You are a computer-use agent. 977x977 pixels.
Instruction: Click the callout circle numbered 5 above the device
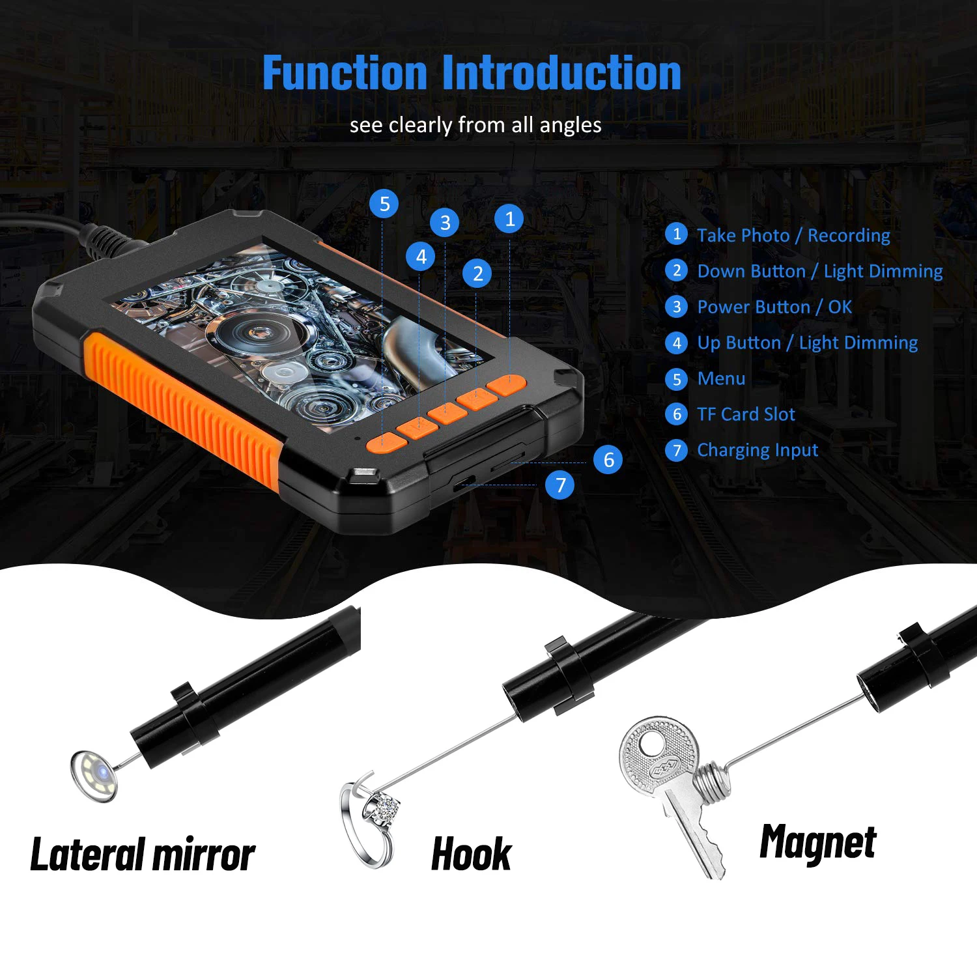coord(384,204)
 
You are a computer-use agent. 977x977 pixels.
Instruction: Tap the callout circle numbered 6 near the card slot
coord(608,459)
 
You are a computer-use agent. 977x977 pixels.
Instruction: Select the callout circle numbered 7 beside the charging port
coord(560,485)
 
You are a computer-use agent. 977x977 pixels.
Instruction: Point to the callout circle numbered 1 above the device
coord(509,219)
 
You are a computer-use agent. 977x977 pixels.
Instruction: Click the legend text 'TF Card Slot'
coord(746,414)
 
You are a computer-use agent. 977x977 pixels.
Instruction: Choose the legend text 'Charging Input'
coord(758,451)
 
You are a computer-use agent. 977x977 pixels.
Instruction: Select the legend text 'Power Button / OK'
coord(774,307)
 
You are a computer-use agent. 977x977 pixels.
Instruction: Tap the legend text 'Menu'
coord(721,378)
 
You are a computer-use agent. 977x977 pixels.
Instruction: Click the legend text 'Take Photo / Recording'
coord(793,236)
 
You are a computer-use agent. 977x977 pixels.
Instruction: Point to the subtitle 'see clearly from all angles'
coord(475,125)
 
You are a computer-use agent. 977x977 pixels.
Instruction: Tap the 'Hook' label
coord(472,854)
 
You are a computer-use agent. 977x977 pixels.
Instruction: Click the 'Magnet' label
coord(818,843)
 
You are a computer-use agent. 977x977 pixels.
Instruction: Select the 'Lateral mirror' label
coord(143,855)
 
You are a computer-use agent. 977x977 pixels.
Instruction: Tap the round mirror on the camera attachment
coord(95,774)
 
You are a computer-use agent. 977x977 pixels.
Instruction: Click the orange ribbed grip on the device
coord(182,410)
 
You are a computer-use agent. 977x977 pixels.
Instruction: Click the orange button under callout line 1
coord(507,385)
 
